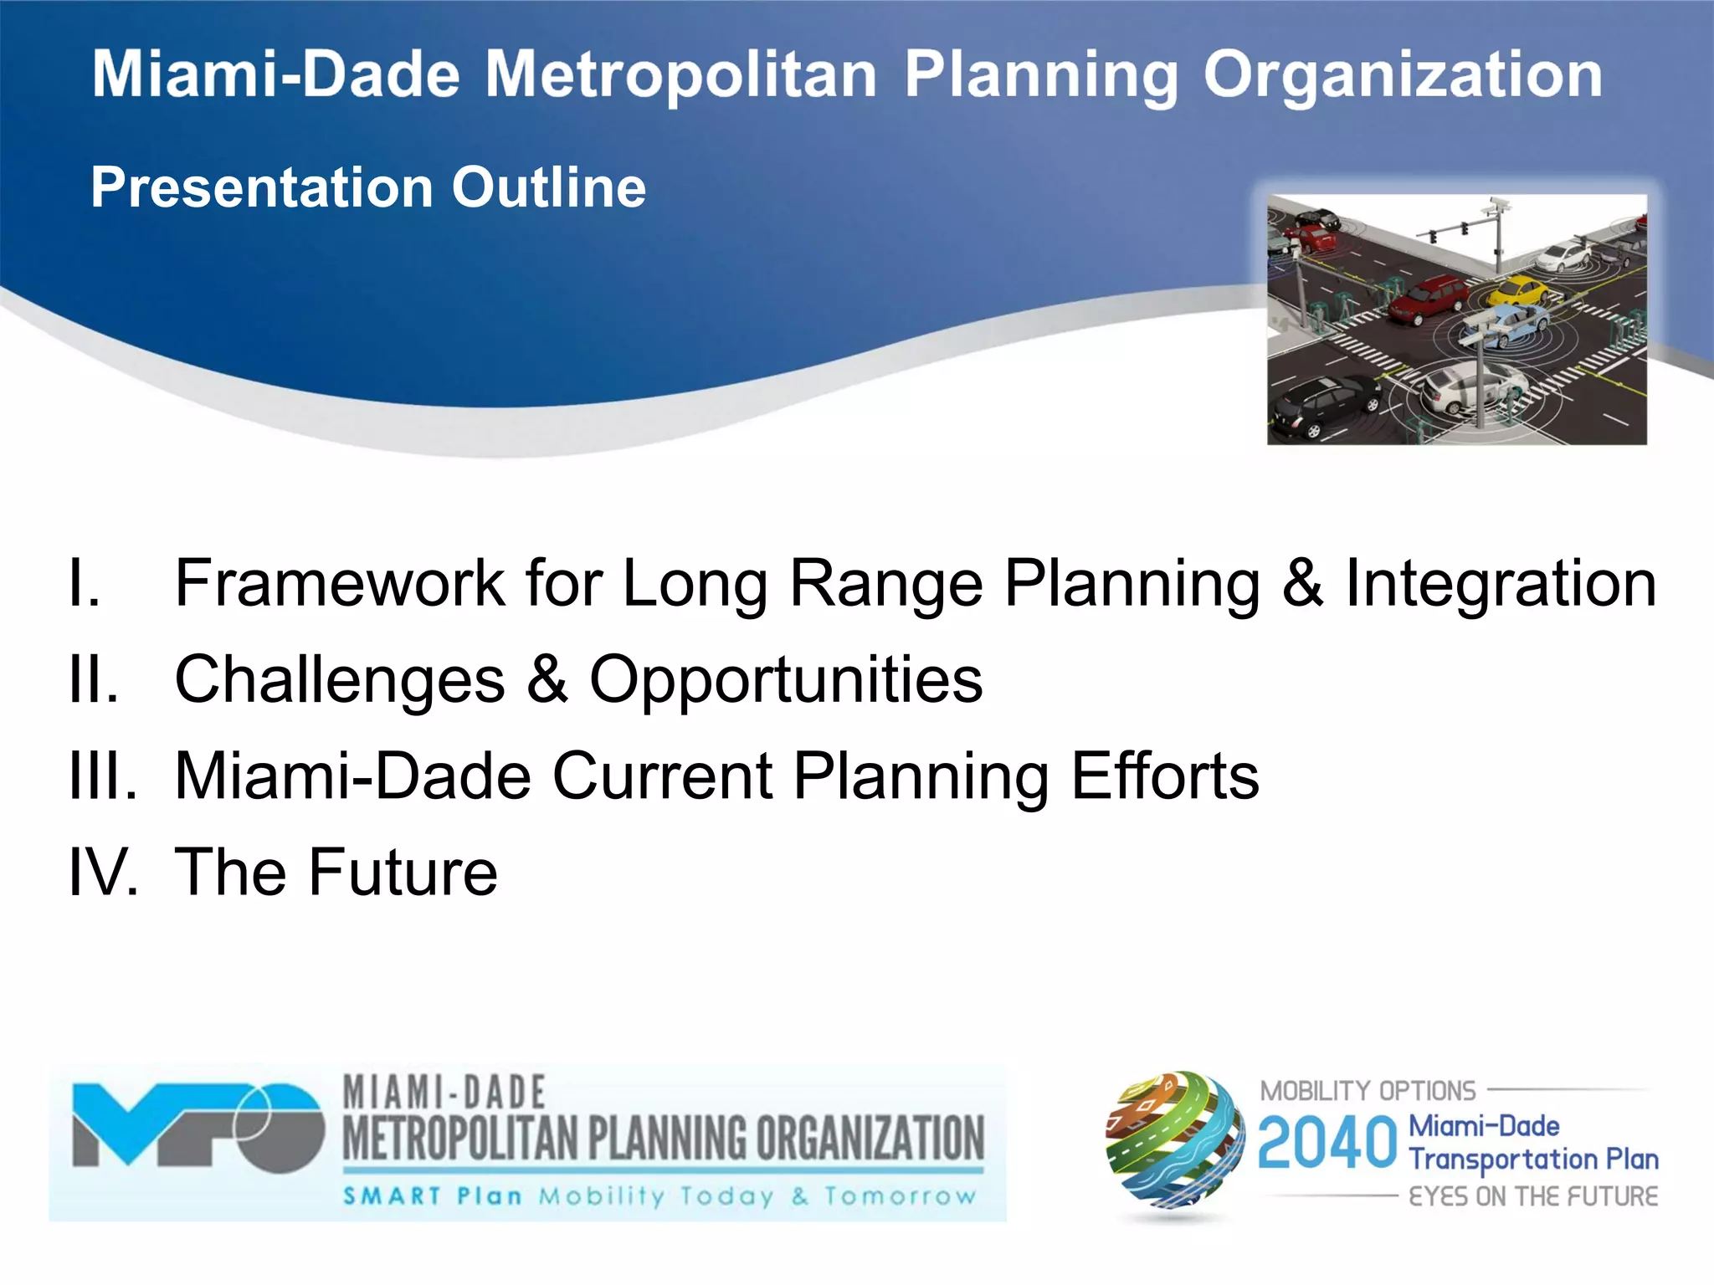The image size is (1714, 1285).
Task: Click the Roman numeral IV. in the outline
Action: coord(102,873)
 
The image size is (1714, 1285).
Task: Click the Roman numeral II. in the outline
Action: coord(93,679)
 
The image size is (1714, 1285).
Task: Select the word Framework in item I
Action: coord(339,583)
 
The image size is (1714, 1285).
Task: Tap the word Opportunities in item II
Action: coord(786,679)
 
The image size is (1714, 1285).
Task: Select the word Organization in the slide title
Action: coord(1402,75)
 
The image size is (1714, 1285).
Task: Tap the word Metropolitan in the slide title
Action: coord(681,75)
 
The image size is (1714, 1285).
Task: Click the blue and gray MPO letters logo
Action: coord(198,1125)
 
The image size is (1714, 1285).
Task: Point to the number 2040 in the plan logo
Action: coord(1327,1144)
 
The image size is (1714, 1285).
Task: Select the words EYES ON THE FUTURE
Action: coord(1532,1196)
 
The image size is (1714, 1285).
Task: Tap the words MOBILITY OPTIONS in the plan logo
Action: coord(1368,1091)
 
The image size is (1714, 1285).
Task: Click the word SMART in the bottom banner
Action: coord(392,1196)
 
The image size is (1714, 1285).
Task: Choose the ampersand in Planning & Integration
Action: coord(1302,583)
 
